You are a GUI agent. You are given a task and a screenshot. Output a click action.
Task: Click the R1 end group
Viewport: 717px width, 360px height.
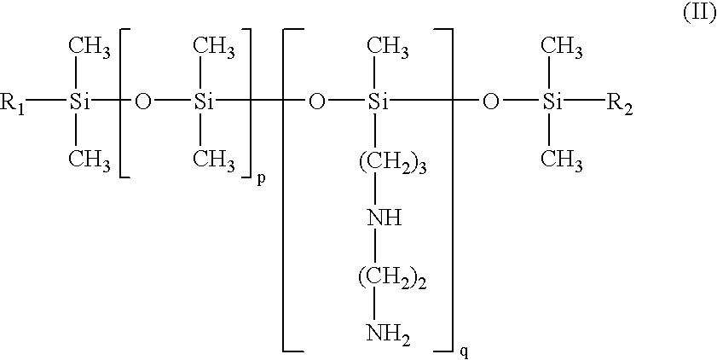pos(15,105)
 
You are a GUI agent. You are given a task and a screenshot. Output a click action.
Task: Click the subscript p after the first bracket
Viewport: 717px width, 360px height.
pos(259,179)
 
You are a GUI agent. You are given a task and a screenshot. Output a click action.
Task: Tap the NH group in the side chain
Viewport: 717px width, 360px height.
pos(385,218)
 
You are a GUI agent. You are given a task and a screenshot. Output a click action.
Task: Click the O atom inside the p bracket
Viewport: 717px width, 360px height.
pos(142,104)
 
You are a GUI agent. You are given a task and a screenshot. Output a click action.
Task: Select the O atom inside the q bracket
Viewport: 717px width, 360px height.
pos(317,104)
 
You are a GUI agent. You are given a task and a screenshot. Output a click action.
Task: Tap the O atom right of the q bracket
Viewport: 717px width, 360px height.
pos(490,104)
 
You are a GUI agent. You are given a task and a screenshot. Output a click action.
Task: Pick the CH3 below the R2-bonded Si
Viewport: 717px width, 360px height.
pos(563,160)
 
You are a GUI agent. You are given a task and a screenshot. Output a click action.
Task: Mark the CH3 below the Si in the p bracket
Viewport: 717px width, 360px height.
pos(213,160)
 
